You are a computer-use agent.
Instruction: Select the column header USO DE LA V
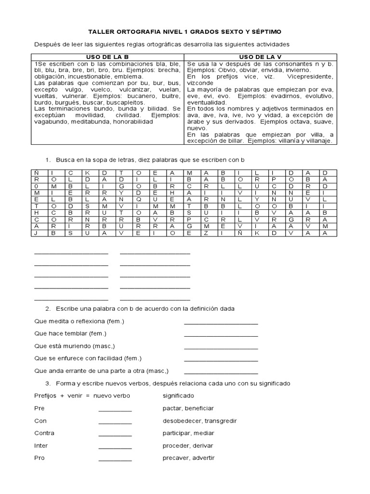(261, 57)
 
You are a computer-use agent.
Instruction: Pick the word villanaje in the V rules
(317, 141)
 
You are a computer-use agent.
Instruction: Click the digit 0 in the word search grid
(36, 186)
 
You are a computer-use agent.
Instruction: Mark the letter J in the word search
(36, 233)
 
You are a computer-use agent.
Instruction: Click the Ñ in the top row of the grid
(36, 172)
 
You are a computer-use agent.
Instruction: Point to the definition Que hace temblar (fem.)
(70, 334)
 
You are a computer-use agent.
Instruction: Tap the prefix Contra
(44, 433)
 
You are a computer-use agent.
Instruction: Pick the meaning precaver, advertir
(189, 458)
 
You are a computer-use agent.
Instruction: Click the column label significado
(178, 396)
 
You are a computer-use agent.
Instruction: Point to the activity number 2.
(48, 309)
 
